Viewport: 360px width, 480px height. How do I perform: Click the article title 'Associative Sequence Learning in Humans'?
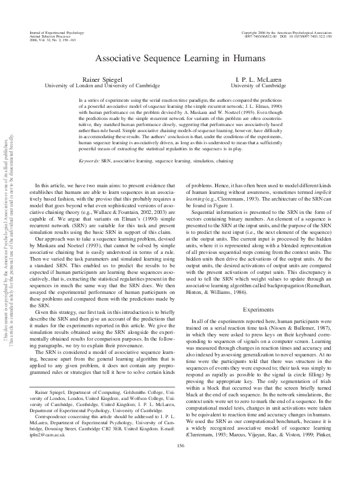(x=179, y=59)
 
